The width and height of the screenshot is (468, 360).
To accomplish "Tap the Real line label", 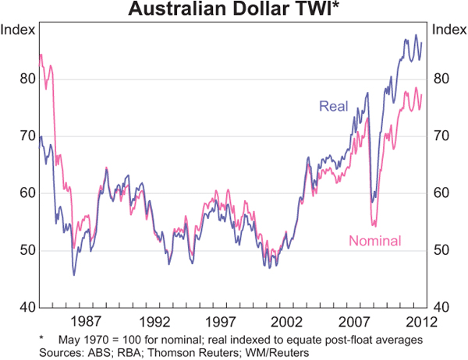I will (x=333, y=107).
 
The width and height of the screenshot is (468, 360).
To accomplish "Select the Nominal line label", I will (x=374, y=241).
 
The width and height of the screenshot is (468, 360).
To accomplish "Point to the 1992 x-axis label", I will (x=154, y=321).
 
